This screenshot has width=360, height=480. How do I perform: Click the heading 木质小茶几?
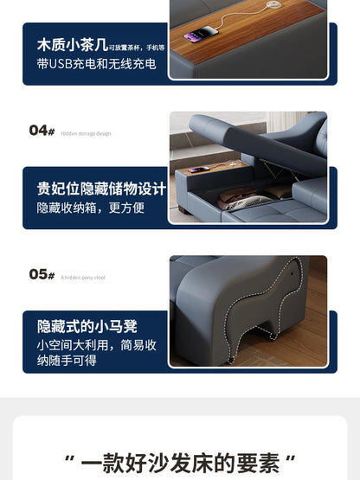[x=71, y=43]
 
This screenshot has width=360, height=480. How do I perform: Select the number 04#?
[x=42, y=131]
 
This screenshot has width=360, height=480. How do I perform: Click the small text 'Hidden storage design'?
[x=86, y=133]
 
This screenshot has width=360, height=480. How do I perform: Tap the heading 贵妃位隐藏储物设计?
[x=100, y=188]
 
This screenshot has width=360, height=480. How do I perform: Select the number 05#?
[x=42, y=274]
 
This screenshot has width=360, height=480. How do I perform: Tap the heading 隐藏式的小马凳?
[x=87, y=326]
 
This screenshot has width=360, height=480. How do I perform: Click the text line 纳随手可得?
[x=67, y=361]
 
